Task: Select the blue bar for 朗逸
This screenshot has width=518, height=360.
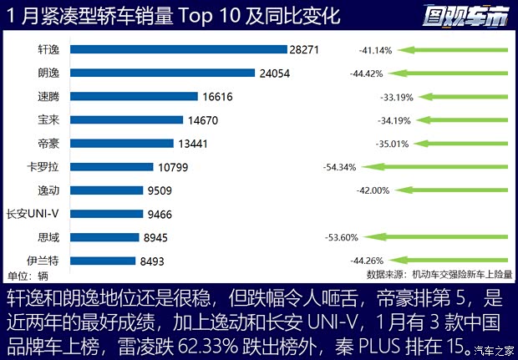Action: tap(162, 73)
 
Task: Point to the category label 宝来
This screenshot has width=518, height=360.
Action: tap(49, 119)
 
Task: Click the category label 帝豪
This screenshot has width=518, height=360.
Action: tap(49, 143)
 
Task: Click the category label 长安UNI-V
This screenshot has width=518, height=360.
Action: tap(33, 214)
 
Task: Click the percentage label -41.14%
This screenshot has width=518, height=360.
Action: tap(376, 51)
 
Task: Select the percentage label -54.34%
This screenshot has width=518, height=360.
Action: tap(339, 167)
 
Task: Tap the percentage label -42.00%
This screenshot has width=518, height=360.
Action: tap(373, 190)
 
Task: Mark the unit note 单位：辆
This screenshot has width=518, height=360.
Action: tap(28, 276)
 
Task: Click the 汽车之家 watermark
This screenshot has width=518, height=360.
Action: tap(495, 351)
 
